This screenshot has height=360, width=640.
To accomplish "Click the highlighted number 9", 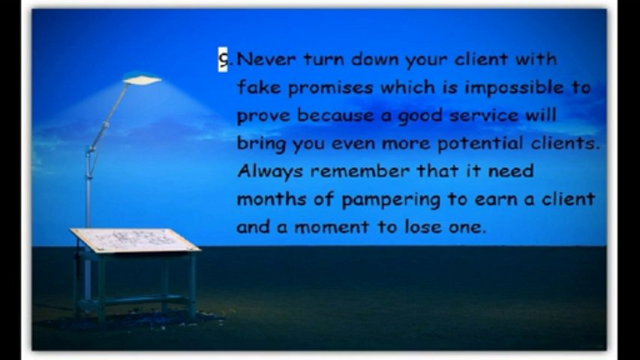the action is pos(223,59).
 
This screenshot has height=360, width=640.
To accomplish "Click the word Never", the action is pos(266,59).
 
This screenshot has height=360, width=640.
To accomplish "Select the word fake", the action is pos(259,87).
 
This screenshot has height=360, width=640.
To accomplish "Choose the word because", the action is pos(335,115).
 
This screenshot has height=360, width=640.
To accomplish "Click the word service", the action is pos(484,116).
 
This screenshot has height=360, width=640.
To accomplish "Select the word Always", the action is pos(270,172).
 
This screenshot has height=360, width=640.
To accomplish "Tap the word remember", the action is pos(359,171).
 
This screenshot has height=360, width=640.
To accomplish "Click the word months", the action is pos(272,199).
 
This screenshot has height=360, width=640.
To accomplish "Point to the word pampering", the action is pos(391,200).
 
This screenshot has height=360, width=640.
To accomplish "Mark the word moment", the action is pos(332,227).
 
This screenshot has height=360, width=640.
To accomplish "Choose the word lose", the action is pos(423,226).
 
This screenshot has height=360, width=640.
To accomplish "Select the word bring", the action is pos(261,144).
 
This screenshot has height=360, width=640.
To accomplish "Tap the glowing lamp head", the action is pos(142,79).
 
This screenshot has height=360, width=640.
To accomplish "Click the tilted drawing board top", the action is pos(135,241).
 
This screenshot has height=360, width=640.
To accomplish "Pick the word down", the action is pos(374,59).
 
